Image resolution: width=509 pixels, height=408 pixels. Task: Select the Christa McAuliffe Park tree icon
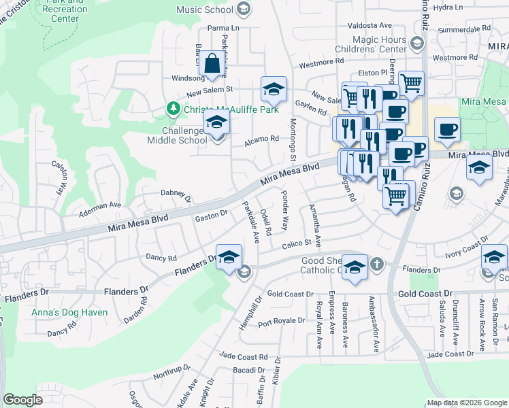point(174,109)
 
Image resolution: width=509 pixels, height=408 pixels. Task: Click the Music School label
point(205,10)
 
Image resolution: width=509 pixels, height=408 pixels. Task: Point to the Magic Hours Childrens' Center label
point(380,45)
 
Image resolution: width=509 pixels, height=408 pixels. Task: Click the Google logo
point(22,399)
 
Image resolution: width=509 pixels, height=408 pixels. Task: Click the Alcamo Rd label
point(262,138)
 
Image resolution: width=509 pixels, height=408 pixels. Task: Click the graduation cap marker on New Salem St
point(274,89)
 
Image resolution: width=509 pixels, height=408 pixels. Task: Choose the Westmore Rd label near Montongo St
point(316,65)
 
